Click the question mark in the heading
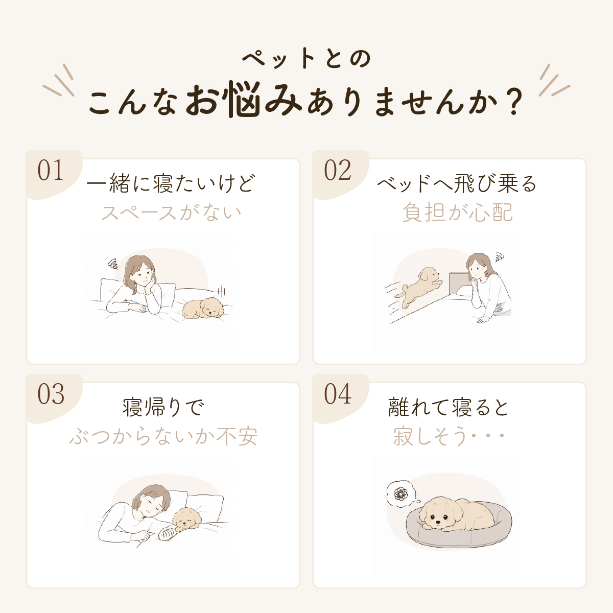pyautogui.click(x=513, y=102)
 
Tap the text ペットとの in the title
pyautogui.click(x=306, y=58)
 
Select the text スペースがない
pyautogui.click(x=171, y=213)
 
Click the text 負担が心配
pyautogui.click(x=458, y=213)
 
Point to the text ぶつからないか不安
pyautogui.click(x=163, y=436)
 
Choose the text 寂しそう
pyautogui.click(x=430, y=436)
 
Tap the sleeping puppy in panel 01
pyautogui.click(x=203, y=308)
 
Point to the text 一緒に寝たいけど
pyautogui.click(x=171, y=183)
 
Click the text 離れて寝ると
pyautogui.click(x=448, y=408)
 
